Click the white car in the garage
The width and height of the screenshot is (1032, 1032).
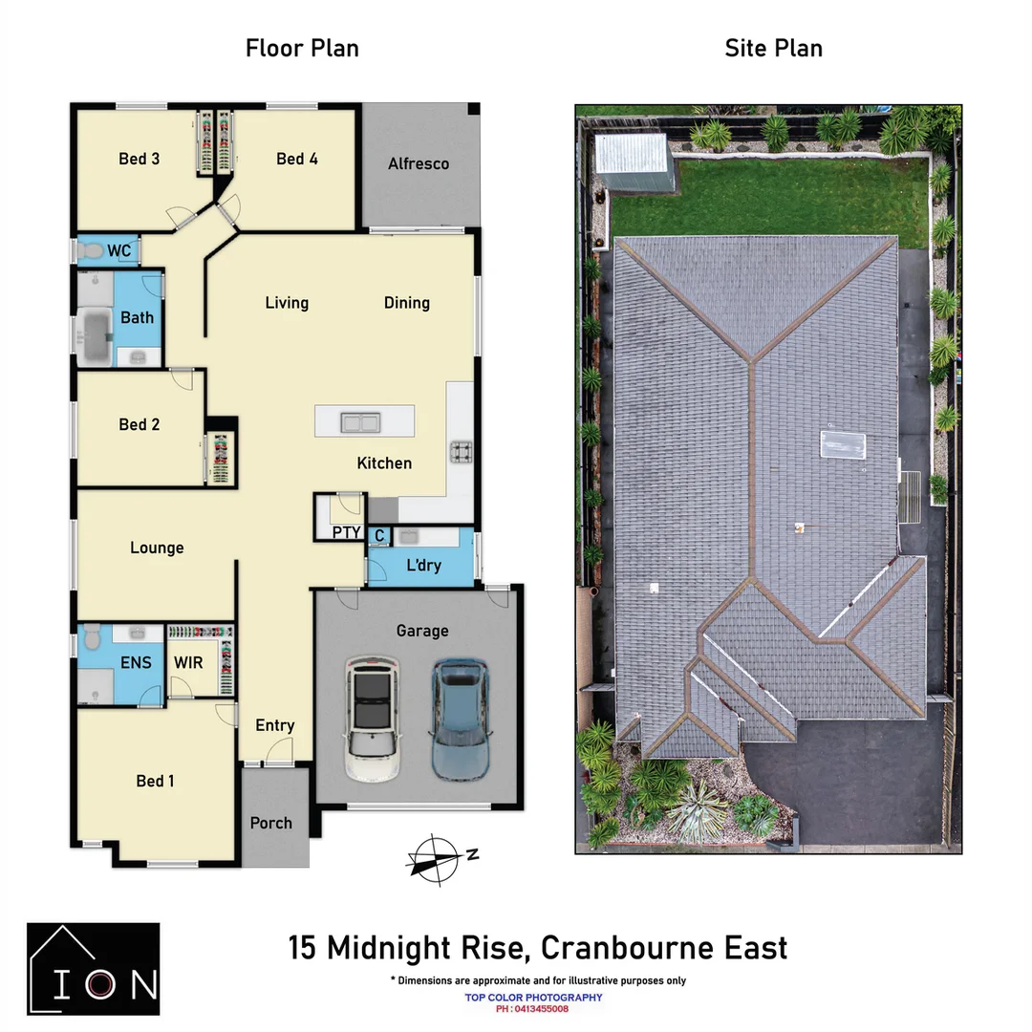tap(373, 719)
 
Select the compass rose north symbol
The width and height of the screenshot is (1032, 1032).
tap(437, 860)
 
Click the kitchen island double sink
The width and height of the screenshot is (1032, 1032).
tap(360, 422)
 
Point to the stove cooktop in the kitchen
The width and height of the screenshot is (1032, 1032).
tap(461, 451)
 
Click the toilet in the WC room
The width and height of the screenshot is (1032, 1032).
tap(90, 250)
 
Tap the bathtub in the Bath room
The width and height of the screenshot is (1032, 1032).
tap(97, 336)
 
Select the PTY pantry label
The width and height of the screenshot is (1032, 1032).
tap(346, 532)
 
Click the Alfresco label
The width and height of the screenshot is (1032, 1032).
tap(419, 164)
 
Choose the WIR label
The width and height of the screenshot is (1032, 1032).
tap(188, 663)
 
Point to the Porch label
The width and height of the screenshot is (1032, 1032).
tap(271, 824)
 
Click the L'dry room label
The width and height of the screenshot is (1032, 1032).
tap(424, 566)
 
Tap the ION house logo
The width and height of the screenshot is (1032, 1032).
tap(94, 969)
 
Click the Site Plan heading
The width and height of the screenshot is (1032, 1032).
tap(773, 48)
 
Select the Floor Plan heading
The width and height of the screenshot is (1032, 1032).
tap(302, 48)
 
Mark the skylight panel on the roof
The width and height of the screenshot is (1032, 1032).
tap(843, 445)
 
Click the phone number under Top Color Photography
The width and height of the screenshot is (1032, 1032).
tap(532, 1009)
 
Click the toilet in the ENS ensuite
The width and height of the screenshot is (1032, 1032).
tap(92, 636)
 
